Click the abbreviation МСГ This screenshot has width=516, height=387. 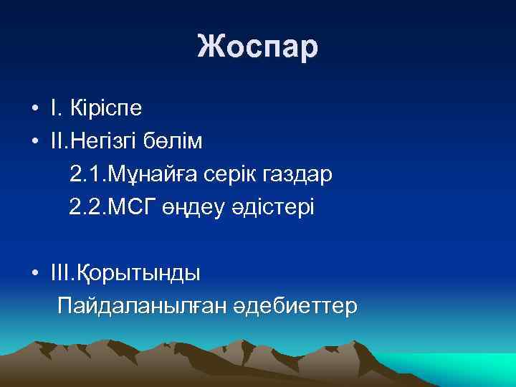point(127,207)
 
